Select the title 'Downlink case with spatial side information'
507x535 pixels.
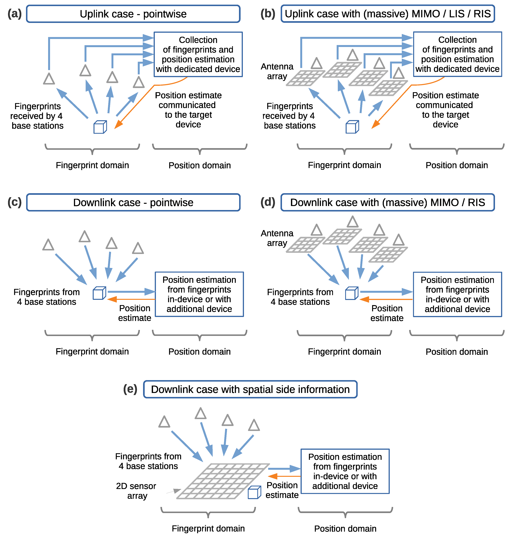click(x=250, y=389)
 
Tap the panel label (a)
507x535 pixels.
click(x=14, y=13)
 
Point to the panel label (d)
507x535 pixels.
click(x=268, y=202)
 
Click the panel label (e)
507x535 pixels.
click(x=130, y=389)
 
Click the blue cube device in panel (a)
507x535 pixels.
click(x=100, y=127)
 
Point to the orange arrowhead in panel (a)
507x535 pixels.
click(x=118, y=125)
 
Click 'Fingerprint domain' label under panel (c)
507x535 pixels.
click(x=92, y=351)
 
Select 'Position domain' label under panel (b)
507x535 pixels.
click(x=457, y=165)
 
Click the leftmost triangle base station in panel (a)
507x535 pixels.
click(x=49, y=79)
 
